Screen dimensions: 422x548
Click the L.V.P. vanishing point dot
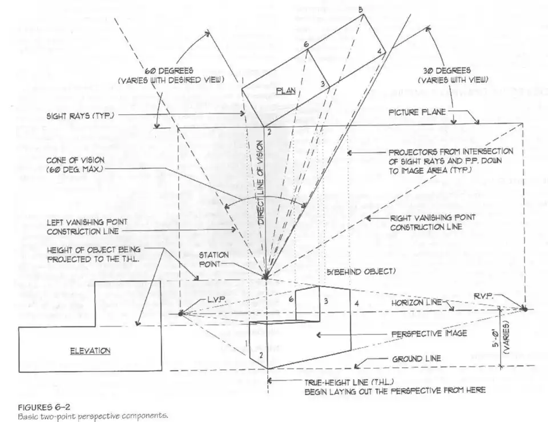pos(181,313)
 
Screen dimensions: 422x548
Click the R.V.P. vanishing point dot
pos(525,309)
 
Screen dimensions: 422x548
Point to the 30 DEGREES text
pos(448,70)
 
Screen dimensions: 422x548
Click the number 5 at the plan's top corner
pos(361,10)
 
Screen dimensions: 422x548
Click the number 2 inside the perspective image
pos(260,356)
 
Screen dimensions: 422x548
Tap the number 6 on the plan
pos(306,45)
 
